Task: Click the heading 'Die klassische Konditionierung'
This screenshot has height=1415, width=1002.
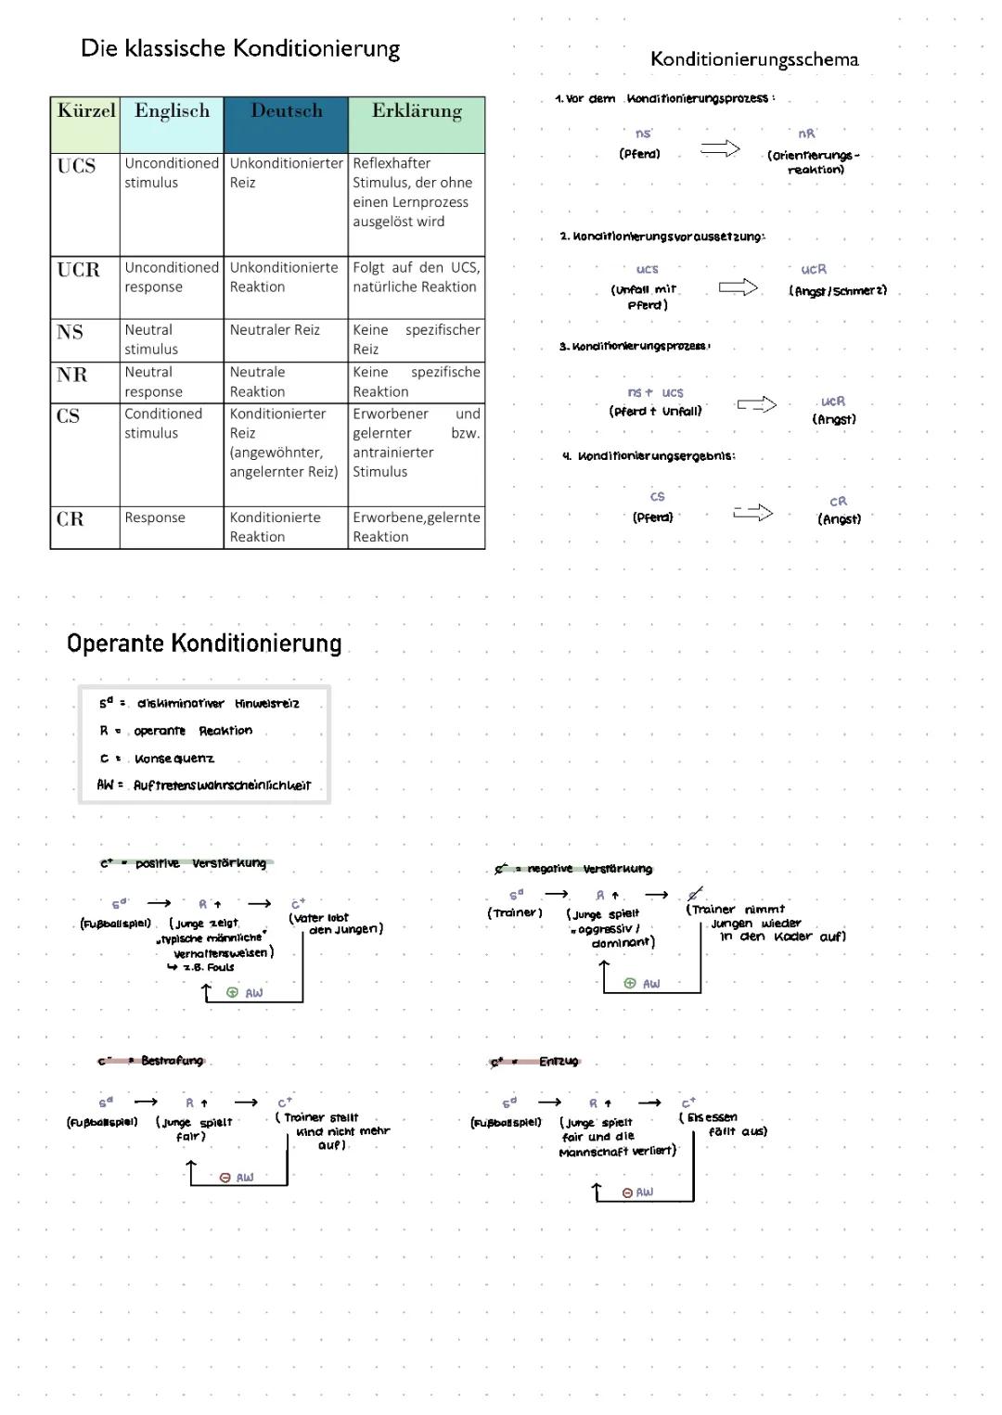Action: click(x=240, y=48)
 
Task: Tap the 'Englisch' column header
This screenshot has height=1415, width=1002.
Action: click(x=172, y=111)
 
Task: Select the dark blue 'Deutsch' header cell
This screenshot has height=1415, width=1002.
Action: click(x=286, y=111)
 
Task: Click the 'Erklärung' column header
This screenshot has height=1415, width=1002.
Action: click(x=417, y=111)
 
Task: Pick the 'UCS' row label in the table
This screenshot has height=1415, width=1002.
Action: click(x=76, y=166)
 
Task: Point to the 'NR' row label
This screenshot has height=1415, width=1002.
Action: click(x=71, y=375)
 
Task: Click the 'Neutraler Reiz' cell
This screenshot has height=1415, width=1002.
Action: click(x=275, y=330)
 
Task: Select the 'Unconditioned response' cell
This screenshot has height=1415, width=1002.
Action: click(x=172, y=277)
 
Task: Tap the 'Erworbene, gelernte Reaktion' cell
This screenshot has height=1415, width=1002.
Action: click(x=416, y=527)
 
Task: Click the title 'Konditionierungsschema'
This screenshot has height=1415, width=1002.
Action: click(x=754, y=59)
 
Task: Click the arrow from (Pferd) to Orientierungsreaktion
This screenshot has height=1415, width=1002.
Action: click(x=720, y=148)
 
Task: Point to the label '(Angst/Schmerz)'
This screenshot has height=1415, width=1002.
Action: click(x=838, y=290)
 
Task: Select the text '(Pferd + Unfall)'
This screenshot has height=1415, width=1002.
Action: click(x=655, y=411)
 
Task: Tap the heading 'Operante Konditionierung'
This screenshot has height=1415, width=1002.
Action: click(x=204, y=643)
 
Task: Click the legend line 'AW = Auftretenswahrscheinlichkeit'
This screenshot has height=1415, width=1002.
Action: click(x=204, y=785)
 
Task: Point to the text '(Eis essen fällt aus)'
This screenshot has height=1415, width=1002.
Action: click(x=724, y=1124)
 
